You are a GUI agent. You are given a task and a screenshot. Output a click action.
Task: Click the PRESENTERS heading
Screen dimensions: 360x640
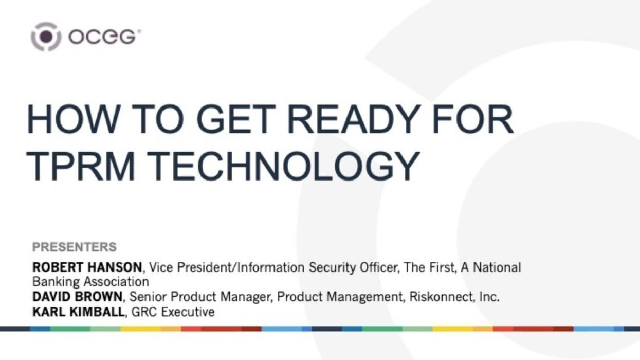75,247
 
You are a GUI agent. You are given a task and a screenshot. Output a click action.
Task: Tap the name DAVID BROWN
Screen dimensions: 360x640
78,297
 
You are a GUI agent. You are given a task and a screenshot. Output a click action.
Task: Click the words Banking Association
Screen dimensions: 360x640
90,282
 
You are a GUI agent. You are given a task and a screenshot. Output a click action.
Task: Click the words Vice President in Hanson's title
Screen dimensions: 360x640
184,267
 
